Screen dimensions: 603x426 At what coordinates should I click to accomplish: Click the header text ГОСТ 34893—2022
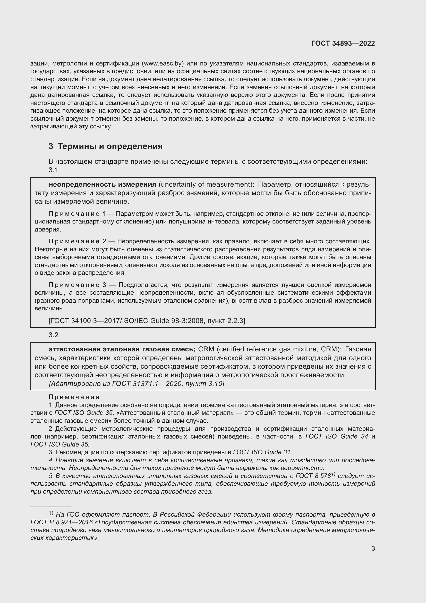click(x=343, y=43)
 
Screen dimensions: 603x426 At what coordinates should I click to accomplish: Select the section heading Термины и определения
click(x=110, y=146)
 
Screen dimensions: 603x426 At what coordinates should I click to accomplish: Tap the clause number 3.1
click(x=53, y=170)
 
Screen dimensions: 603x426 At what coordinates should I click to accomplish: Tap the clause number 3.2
click(x=53, y=335)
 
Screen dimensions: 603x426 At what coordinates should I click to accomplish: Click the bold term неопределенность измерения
click(x=102, y=184)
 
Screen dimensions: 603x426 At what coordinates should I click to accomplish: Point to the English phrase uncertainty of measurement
click(x=205, y=184)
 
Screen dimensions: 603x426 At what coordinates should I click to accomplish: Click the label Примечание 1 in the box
click(x=77, y=214)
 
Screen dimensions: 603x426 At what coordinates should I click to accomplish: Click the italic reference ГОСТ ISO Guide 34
click(x=337, y=436)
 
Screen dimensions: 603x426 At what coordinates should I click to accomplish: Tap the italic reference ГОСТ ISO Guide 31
click(x=262, y=452)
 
